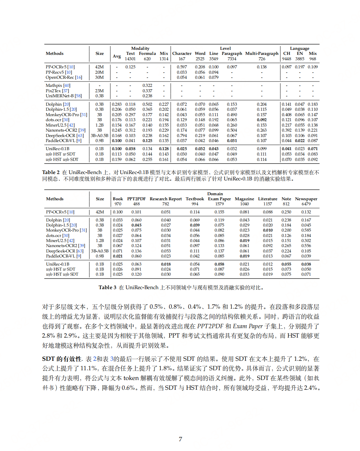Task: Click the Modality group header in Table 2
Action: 140,48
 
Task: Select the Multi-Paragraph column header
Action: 262,54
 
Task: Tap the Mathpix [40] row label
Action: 58,85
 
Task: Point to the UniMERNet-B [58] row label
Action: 64,96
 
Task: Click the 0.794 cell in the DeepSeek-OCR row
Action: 182,136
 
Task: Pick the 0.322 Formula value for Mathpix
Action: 147,85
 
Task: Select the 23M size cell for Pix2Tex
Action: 99,91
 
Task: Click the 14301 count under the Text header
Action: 130,59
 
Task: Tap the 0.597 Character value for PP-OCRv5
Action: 182,67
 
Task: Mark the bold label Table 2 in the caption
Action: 51,172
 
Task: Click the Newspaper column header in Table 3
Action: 306,199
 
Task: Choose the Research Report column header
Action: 166,199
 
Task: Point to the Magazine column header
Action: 244,199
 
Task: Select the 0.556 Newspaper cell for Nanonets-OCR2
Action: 306,246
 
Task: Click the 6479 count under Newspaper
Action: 306,204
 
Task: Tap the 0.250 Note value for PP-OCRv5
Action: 286,212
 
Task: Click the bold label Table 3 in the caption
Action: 107,287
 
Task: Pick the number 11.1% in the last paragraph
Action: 89,369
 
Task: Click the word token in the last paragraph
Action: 131,378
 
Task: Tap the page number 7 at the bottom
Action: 180,439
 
